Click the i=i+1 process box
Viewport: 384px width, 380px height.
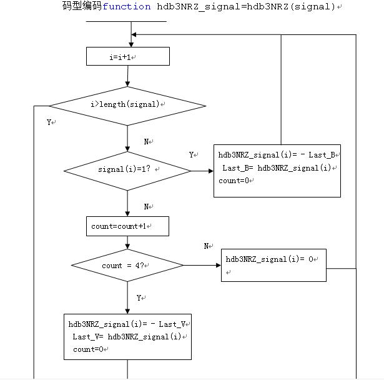tap(127, 57)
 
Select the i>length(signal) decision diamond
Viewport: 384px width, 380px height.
tap(127, 104)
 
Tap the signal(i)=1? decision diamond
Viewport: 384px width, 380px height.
tap(127, 170)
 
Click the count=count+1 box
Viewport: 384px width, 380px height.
tap(127, 226)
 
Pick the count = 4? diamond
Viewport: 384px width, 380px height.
tap(127, 266)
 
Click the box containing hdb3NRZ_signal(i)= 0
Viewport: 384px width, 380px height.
tap(273, 265)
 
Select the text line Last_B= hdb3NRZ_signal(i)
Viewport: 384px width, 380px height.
tap(278, 168)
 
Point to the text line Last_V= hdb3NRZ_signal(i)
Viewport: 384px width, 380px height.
tap(128, 337)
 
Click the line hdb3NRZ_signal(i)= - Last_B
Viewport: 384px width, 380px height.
tap(277, 155)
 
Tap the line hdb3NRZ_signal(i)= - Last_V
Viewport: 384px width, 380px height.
tap(128, 324)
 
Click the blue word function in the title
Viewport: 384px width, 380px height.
tap(127, 7)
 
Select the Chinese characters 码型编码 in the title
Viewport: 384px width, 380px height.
tap(81, 7)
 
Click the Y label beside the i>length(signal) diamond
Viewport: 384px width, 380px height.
tap(49, 122)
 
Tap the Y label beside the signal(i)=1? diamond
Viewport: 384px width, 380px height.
tap(192, 154)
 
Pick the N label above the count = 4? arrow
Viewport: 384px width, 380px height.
tap(206, 246)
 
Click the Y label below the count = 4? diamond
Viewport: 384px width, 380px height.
tap(139, 298)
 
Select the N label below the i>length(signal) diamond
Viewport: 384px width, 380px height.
tap(146, 142)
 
